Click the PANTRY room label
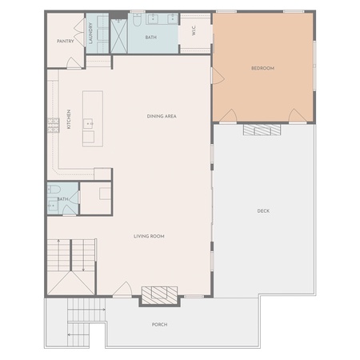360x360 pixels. (66, 42)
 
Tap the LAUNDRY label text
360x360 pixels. (90, 34)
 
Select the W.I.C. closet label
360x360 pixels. (194, 30)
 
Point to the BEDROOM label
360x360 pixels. (262, 68)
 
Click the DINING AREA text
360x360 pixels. (162, 116)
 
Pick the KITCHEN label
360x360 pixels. (69, 119)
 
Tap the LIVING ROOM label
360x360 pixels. (149, 236)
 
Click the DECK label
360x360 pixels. (263, 211)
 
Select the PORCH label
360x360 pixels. (160, 325)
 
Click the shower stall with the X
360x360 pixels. (119, 36)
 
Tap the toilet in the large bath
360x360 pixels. (137, 20)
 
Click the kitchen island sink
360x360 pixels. (88, 124)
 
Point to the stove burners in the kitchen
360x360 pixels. (54, 125)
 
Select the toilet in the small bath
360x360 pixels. (54, 190)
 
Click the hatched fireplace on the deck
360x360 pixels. (262, 130)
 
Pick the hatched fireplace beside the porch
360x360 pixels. (159, 295)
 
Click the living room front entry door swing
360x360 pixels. (123, 289)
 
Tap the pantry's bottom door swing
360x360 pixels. (74, 63)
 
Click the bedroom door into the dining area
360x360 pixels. (218, 76)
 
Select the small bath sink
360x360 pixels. (53, 206)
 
